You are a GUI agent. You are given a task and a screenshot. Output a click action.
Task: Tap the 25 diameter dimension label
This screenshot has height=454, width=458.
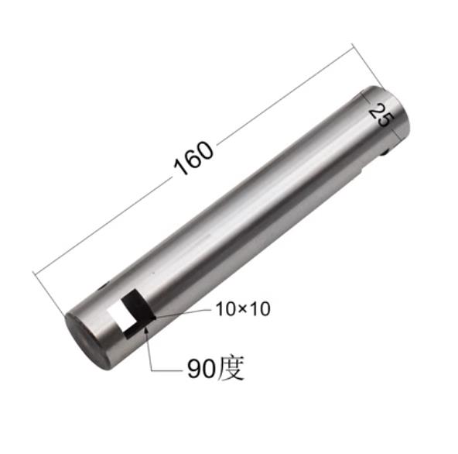coord(380,116)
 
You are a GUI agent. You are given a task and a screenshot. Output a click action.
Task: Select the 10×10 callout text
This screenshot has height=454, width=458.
coord(241,309)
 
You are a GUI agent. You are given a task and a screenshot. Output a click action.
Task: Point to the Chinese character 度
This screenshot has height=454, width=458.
coord(231,368)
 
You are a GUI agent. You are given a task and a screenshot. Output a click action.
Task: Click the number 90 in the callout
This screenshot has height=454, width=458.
coord(200,369)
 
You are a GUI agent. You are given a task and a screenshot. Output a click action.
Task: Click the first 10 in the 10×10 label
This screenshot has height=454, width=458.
coord(224,309)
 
